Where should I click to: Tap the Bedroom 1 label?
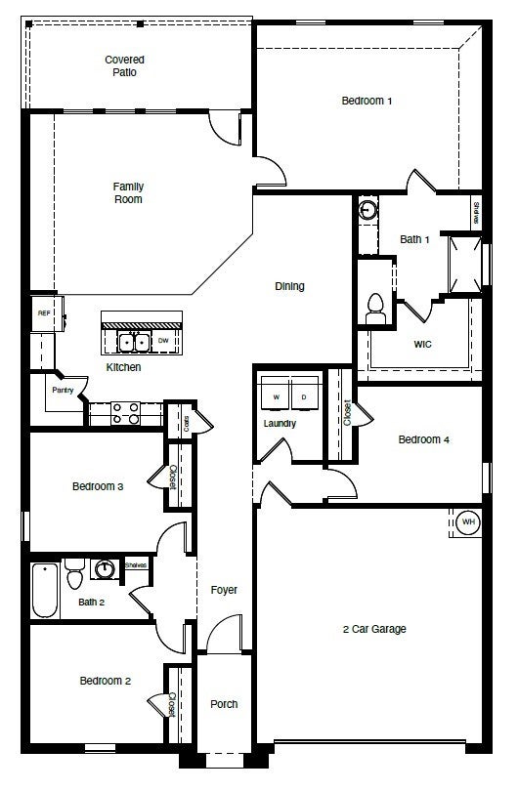tap(367, 100)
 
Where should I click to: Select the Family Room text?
tap(127, 192)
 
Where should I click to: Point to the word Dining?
tap(289, 286)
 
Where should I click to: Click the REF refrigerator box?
tap(44, 313)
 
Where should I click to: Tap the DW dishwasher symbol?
tap(163, 341)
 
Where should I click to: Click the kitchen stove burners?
tap(125, 413)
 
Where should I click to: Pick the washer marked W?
tap(276, 397)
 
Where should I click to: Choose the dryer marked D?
tap(303, 397)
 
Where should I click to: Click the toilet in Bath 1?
tap(373, 310)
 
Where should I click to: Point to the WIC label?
tap(422, 344)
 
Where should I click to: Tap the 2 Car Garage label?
tap(374, 628)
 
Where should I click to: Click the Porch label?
tap(224, 703)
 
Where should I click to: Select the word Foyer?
tap(224, 590)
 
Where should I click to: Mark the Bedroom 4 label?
tap(423, 439)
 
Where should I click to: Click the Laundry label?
tap(280, 423)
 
